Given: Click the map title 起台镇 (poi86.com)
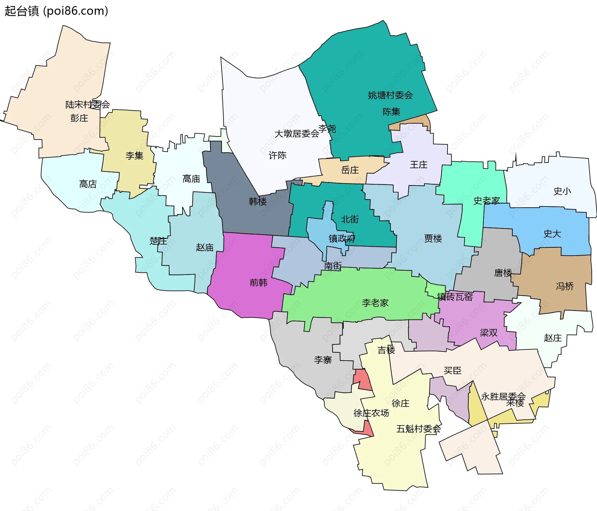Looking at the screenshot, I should [x=56, y=11].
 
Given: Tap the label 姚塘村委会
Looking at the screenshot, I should [x=390, y=95].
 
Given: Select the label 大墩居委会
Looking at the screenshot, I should [x=297, y=134].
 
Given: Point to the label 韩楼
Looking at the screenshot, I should [x=258, y=202].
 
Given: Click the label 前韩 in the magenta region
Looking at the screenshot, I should [x=258, y=283].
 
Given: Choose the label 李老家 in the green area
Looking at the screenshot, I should [x=375, y=303].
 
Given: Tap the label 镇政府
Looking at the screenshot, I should [x=342, y=239].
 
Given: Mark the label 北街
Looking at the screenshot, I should [x=350, y=220].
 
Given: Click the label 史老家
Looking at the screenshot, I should [x=486, y=201].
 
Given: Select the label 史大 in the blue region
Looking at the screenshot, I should [x=552, y=234].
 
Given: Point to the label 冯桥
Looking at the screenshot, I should [x=565, y=286].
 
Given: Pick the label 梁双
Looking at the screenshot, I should [x=488, y=333].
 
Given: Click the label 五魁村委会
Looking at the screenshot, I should [x=418, y=429].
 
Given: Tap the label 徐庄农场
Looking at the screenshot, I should [x=371, y=413].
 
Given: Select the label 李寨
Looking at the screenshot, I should [x=323, y=360].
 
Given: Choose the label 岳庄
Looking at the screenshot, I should [x=350, y=170].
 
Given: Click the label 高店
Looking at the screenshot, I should [x=88, y=184].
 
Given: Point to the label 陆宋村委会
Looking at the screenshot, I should [x=87, y=105].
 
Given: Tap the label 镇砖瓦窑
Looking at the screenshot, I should [x=455, y=297].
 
